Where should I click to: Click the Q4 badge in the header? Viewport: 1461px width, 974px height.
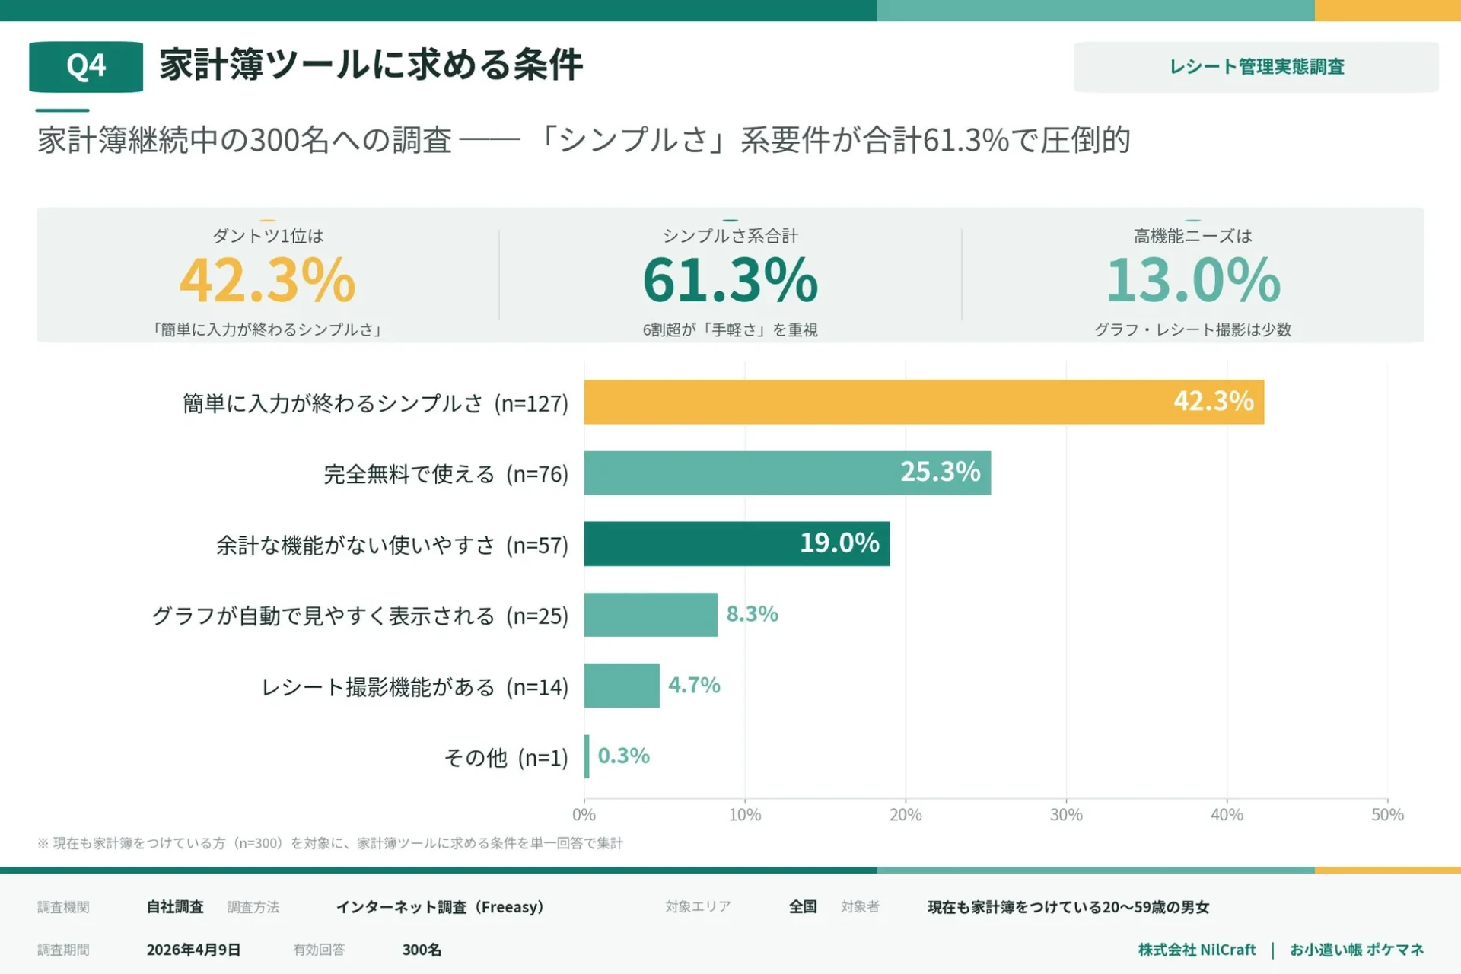tap(86, 67)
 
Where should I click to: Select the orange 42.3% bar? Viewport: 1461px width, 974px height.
tap(924, 402)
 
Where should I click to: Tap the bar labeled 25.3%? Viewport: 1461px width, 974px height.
tap(787, 473)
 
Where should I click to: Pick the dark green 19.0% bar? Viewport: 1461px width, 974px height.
tap(737, 543)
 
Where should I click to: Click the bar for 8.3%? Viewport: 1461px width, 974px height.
tap(651, 615)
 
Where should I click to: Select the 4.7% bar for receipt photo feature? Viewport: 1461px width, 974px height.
tap(622, 686)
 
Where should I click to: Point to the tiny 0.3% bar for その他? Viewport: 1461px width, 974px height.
tap(587, 756)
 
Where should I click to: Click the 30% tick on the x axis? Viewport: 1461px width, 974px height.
tap(1065, 815)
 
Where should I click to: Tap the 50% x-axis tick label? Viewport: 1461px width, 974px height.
tap(1386, 815)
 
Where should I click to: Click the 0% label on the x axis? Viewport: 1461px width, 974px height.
tap(584, 815)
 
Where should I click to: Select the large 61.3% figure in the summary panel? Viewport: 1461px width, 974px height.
tap(730, 280)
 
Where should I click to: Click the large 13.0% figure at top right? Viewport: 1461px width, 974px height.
tap(1192, 280)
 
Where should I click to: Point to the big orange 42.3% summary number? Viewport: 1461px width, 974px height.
tap(267, 280)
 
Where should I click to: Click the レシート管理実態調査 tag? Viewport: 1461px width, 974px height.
tap(1256, 67)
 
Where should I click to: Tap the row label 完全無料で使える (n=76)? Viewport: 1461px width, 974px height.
tap(446, 474)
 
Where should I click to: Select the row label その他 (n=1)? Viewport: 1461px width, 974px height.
tap(506, 758)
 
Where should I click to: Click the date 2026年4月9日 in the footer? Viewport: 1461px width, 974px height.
tap(193, 950)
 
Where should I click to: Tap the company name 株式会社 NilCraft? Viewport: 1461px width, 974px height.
tap(1196, 950)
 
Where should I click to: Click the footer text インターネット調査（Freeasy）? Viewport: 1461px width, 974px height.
tap(440, 907)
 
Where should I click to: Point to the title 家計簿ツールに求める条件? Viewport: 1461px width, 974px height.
tap(371, 65)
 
